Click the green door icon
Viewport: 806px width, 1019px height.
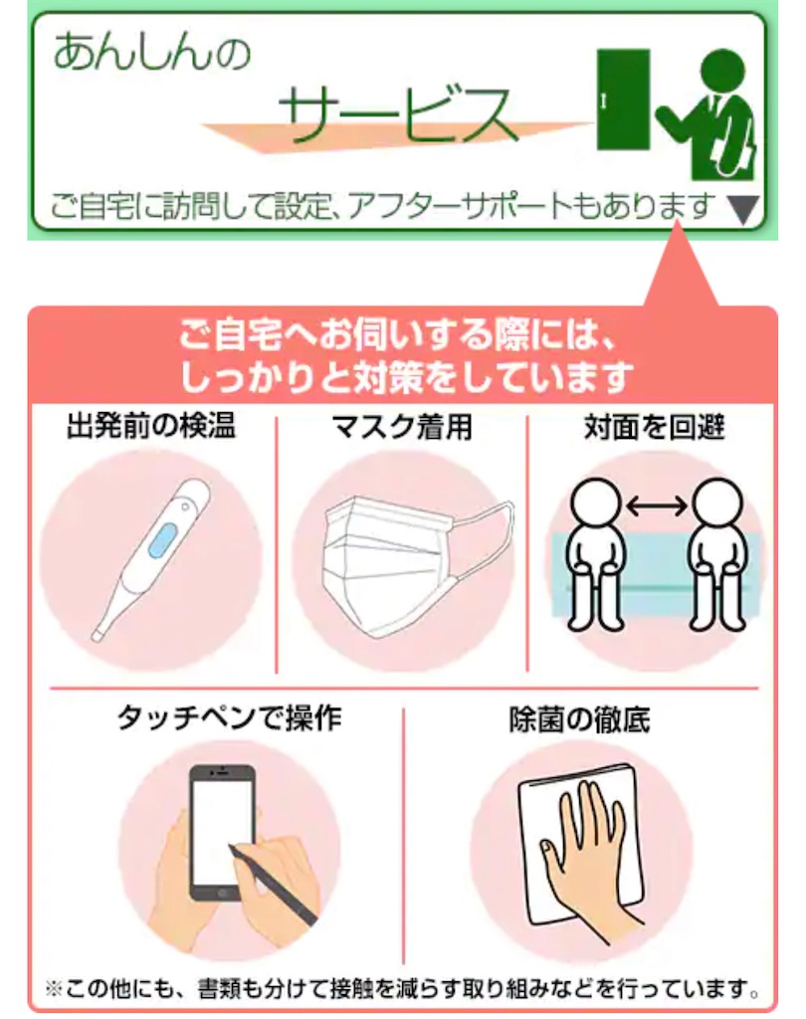pos(623,100)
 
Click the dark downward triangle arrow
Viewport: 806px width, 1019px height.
pos(743,210)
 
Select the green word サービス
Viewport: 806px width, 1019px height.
pos(397,115)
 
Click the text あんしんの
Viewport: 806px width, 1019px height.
pos(152,52)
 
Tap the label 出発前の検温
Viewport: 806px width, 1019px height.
pos(151,426)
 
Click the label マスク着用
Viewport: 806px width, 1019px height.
pos(402,427)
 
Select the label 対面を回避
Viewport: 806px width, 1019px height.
pos(654,427)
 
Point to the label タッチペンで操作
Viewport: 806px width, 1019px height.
pos(229,718)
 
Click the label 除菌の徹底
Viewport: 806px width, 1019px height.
pos(579,719)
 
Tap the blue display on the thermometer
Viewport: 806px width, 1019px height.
pos(162,540)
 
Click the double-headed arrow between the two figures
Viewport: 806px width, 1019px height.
pos(657,505)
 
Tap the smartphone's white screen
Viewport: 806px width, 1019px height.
pos(222,831)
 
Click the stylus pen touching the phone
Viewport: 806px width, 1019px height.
pos(273,885)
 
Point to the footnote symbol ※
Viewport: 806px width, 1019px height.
pos(54,990)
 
